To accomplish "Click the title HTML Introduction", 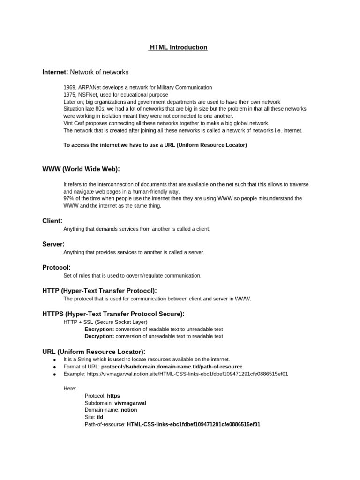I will (x=178, y=47).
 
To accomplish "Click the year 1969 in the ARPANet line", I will (x=69, y=87).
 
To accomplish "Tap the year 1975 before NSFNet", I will (x=69, y=95).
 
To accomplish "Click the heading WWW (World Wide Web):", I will (x=81, y=169).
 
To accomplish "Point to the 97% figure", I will (x=69, y=199).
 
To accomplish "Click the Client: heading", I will (x=52, y=220).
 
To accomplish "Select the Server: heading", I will (x=53, y=244).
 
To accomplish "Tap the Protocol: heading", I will (x=56, y=267).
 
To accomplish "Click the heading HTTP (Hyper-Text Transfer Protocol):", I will (x=99, y=291).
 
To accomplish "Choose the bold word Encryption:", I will (x=99, y=329).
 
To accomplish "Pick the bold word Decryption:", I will (x=99, y=336).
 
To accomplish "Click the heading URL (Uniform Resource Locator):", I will (x=94, y=352).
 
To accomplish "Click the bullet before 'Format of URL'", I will (x=54, y=367).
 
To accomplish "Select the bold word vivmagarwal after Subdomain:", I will (x=134, y=403).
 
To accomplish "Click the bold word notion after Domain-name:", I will (x=129, y=410).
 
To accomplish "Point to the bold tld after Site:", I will (x=100, y=417).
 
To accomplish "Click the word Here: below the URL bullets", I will (x=70, y=388).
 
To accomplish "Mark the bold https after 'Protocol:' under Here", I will (x=113, y=396).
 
